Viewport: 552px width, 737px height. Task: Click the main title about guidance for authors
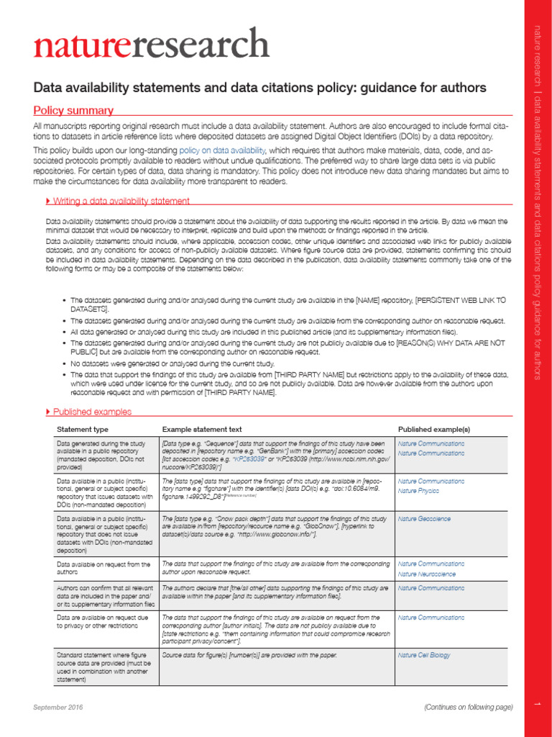(260, 88)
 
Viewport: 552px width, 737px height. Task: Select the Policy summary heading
(74, 111)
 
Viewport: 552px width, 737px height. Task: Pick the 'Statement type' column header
(83, 429)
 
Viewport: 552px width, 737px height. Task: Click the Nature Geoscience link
(425, 518)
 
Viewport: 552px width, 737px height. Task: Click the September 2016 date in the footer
(58, 707)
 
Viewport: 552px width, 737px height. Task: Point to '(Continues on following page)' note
(468, 707)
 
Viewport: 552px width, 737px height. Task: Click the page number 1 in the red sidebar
(535, 707)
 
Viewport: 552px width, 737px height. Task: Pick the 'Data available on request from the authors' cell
(103, 568)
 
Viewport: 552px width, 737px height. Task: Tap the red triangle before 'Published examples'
(47, 412)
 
